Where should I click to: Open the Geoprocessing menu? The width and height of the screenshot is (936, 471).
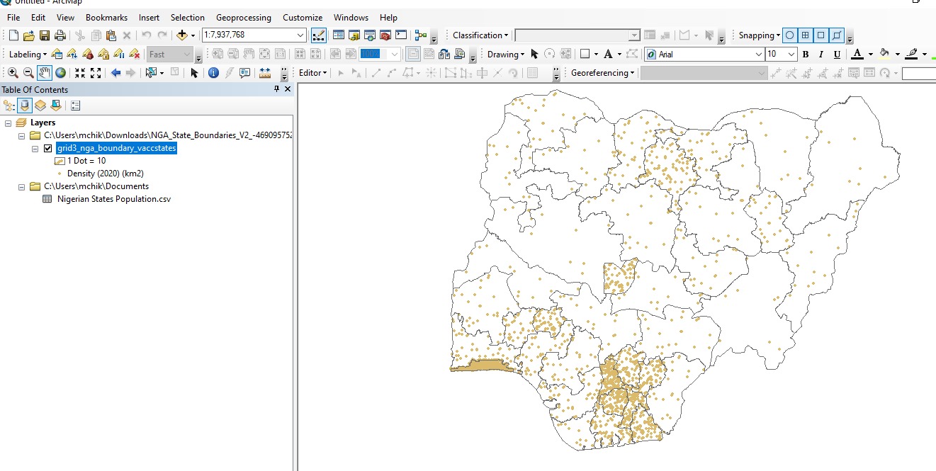(243, 17)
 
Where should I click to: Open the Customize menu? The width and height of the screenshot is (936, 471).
(302, 17)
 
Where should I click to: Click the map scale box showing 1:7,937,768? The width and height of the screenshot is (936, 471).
(248, 35)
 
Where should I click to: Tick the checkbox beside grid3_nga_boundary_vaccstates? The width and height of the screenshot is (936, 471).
(48, 149)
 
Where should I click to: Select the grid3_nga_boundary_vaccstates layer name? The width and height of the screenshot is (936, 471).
(116, 149)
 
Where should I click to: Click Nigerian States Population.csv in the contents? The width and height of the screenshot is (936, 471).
(113, 199)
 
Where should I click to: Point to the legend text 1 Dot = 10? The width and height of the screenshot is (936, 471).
(86, 161)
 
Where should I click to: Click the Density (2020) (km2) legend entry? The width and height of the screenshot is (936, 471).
(105, 174)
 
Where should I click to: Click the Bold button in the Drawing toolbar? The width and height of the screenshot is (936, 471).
(805, 54)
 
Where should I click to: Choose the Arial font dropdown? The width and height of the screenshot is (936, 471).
(709, 54)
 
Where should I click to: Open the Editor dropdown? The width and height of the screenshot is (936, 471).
(312, 72)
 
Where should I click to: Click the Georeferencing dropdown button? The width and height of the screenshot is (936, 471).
(602, 72)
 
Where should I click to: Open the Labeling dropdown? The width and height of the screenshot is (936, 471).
(28, 54)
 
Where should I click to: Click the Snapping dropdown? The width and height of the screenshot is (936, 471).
(759, 35)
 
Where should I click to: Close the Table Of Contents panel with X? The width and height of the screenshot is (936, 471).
(288, 89)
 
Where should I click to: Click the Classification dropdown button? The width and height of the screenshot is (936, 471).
(480, 35)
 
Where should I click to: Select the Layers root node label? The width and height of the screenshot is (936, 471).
(43, 123)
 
